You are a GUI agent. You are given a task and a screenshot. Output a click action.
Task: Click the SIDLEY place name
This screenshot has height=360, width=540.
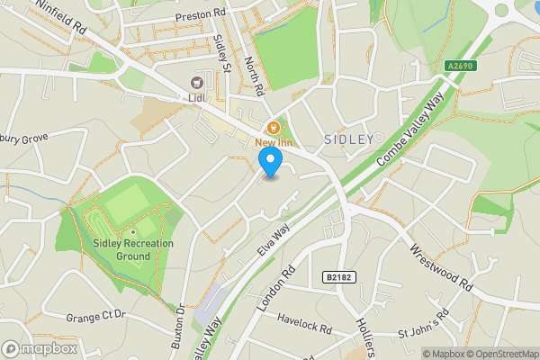347,139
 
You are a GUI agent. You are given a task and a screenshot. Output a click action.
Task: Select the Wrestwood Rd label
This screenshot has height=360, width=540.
441,267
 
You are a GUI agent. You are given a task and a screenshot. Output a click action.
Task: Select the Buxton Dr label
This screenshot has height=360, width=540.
179,320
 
